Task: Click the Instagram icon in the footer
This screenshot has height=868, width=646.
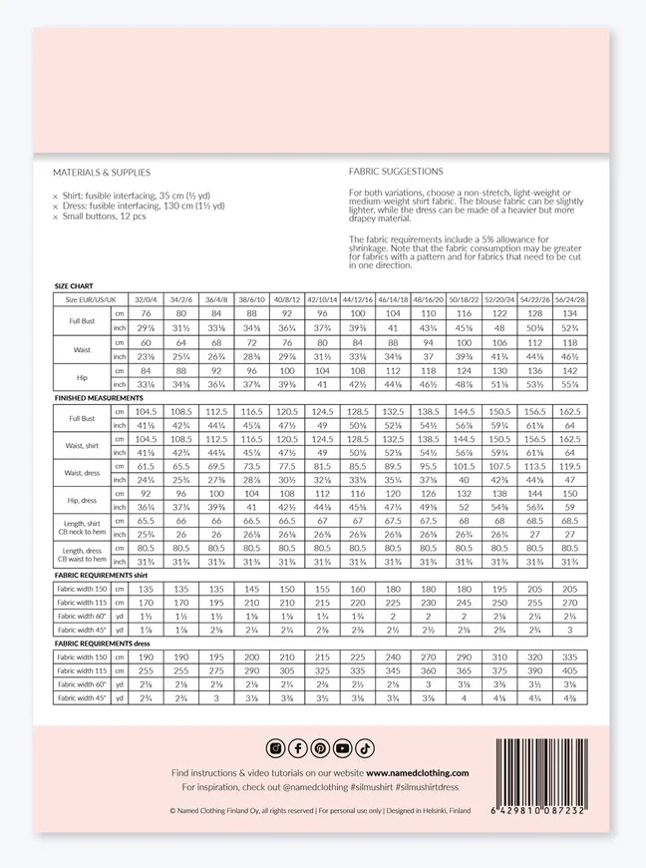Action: (x=275, y=748)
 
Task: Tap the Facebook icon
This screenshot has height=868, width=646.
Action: (x=297, y=748)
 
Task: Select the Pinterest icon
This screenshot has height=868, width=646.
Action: (x=320, y=748)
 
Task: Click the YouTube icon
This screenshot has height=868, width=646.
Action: (x=343, y=748)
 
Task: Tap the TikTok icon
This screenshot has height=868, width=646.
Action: (x=365, y=748)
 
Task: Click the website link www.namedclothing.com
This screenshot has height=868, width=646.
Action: (x=417, y=773)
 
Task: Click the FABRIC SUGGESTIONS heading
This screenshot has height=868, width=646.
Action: (x=397, y=171)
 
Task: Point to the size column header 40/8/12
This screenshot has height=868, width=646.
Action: (x=287, y=299)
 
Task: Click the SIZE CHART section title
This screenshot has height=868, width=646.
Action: (x=74, y=286)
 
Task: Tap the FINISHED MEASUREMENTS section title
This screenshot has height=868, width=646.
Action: (x=98, y=397)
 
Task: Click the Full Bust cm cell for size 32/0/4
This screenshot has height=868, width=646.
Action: (x=146, y=312)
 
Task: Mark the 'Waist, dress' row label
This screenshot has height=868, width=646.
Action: (x=81, y=472)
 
